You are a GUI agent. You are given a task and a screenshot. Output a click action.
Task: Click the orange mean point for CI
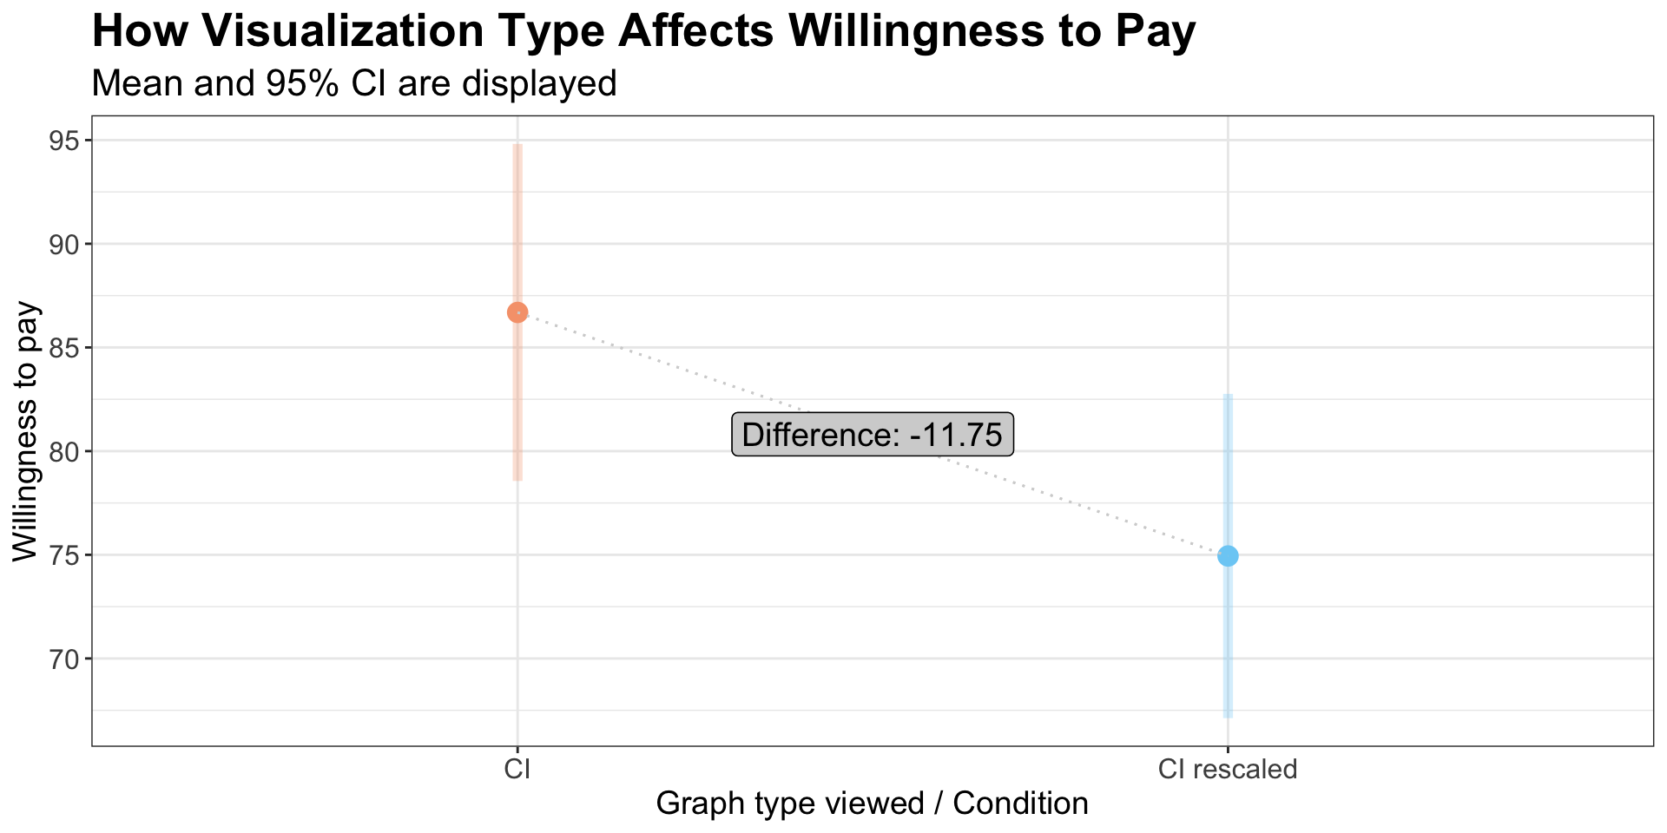(x=517, y=312)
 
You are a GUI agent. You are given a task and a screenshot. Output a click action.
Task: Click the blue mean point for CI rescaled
(x=1228, y=555)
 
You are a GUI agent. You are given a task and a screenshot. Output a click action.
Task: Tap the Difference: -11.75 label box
(x=873, y=434)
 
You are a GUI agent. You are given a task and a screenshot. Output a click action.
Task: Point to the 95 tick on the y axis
(x=60, y=141)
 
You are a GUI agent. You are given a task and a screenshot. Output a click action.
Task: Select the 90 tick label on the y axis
(x=60, y=244)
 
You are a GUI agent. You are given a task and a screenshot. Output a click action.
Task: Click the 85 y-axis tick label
(x=60, y=348)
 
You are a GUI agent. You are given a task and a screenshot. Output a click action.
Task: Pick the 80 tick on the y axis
(x=60, y=451)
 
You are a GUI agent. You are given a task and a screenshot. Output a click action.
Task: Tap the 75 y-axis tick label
(x=60, y=555)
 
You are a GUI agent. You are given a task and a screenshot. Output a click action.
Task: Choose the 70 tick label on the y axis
(x=60, y=659)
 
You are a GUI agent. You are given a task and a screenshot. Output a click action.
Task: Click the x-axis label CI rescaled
(x=1228, y=769)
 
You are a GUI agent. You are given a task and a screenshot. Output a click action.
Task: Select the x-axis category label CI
(x=517, y=769)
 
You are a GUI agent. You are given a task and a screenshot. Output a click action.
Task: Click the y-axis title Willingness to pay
(x=26, y=431)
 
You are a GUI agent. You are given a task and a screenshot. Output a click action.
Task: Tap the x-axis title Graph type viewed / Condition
(x=872, y=803)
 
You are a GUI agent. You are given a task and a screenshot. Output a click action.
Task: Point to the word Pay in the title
(x=1158, y=33)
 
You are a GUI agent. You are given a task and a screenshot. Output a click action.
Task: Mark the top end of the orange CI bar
(x=517, y=146)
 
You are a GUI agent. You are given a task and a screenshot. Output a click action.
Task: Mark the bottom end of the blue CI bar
(x=1228, y=716)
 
